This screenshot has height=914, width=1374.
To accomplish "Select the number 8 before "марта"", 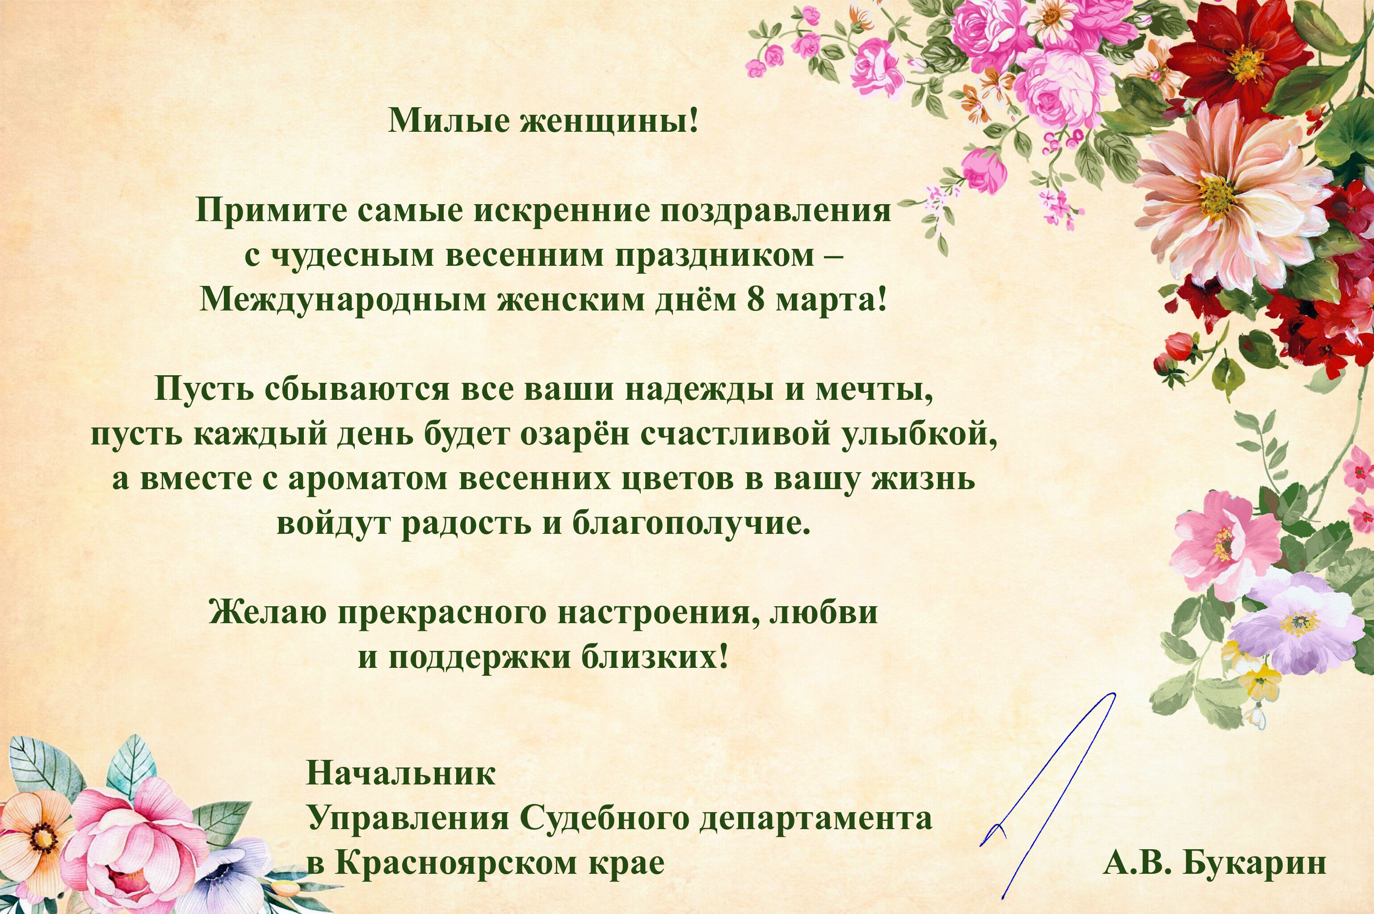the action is click(x=756, y=300).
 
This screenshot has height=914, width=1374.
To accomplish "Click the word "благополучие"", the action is click(x=691, y=524).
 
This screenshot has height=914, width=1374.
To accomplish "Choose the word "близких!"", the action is click(x=655, y=658).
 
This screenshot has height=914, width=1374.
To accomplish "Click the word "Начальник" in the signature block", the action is click(x=401, y=774).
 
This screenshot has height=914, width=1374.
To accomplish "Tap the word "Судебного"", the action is click(x=604, y=818).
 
